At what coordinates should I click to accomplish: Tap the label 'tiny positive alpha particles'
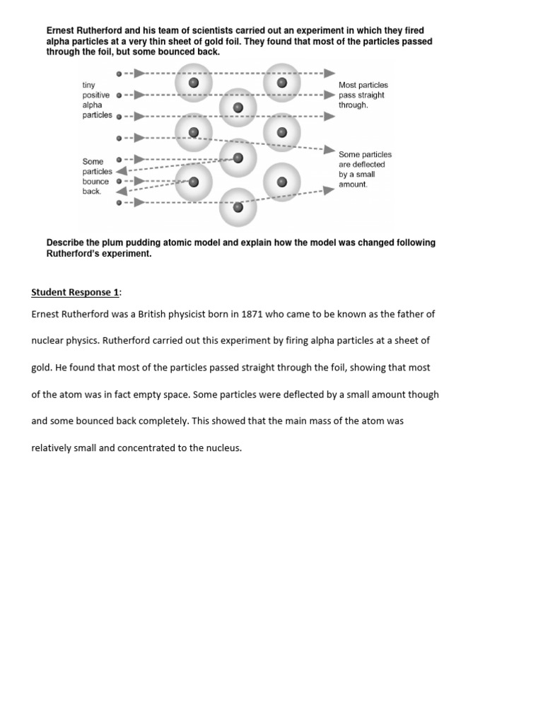tap(97, 100)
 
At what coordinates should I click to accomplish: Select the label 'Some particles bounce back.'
tap(97, 176)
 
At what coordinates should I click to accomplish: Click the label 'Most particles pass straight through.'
tap(363, 95)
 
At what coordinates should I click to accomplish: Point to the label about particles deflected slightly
tap(365, 169)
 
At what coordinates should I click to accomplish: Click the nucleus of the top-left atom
tap(194, 83)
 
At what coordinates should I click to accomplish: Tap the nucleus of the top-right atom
tap(282, 83)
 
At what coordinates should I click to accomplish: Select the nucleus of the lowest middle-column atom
tap(238, 207)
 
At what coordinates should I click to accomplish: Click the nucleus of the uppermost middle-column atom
tap(238, 107)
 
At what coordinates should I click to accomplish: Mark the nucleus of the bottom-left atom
tap(194, 182)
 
